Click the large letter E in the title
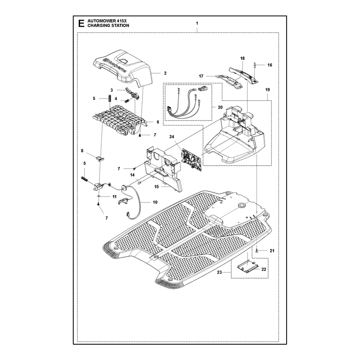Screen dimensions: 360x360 [81, 23]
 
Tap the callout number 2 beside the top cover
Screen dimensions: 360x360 [165, 73]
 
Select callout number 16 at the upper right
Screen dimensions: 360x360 [270, 65]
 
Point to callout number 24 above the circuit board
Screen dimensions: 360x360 [172, 137]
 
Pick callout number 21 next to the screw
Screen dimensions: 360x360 [272, 251]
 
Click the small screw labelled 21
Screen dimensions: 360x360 [257, 251]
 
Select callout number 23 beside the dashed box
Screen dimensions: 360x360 [220, 272]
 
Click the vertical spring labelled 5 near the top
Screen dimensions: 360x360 [110, 98]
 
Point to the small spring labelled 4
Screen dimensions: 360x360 [126, 100]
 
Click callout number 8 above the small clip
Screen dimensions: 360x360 [82, 151]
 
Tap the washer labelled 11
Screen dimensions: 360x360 [99, 197]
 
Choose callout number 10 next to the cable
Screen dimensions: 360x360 [155, 202]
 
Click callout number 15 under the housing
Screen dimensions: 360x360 [156, 187]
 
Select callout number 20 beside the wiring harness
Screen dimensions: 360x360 [220, 108]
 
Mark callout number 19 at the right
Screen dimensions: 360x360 [267, 90]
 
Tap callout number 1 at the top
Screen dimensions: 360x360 [197, 23]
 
